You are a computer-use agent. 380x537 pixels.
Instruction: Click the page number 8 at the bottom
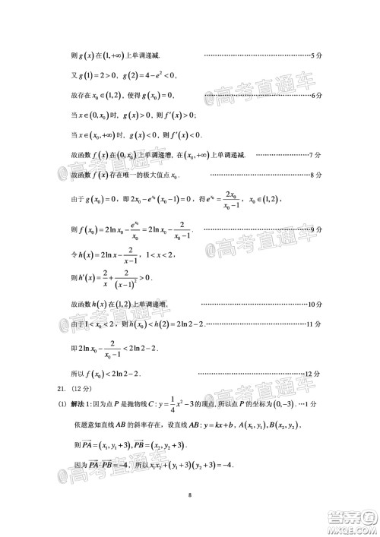190,498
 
